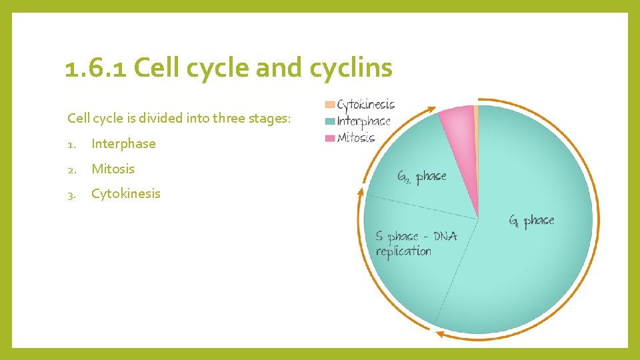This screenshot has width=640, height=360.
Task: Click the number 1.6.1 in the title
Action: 95,68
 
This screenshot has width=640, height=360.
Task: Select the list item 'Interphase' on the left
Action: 123,143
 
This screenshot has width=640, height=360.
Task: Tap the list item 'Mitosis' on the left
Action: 113,169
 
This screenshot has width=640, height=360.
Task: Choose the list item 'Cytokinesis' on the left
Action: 126,193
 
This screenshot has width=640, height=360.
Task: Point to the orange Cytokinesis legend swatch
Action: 329,105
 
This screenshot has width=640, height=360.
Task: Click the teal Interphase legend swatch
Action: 329,121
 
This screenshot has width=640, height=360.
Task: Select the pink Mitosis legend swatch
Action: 329,138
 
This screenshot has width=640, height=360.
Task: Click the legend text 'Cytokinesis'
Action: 366,105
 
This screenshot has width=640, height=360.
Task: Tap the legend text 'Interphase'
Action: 364,121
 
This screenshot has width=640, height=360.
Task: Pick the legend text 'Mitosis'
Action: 356,138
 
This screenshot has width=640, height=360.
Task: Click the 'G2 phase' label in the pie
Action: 421,177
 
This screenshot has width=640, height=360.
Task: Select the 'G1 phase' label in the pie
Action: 531,221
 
